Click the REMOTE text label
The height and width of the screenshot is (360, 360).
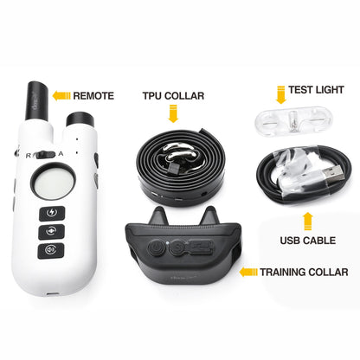point(93,95)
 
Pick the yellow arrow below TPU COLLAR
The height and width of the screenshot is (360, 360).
point(171,112)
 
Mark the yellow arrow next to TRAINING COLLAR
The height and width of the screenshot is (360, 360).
point(249,272)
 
